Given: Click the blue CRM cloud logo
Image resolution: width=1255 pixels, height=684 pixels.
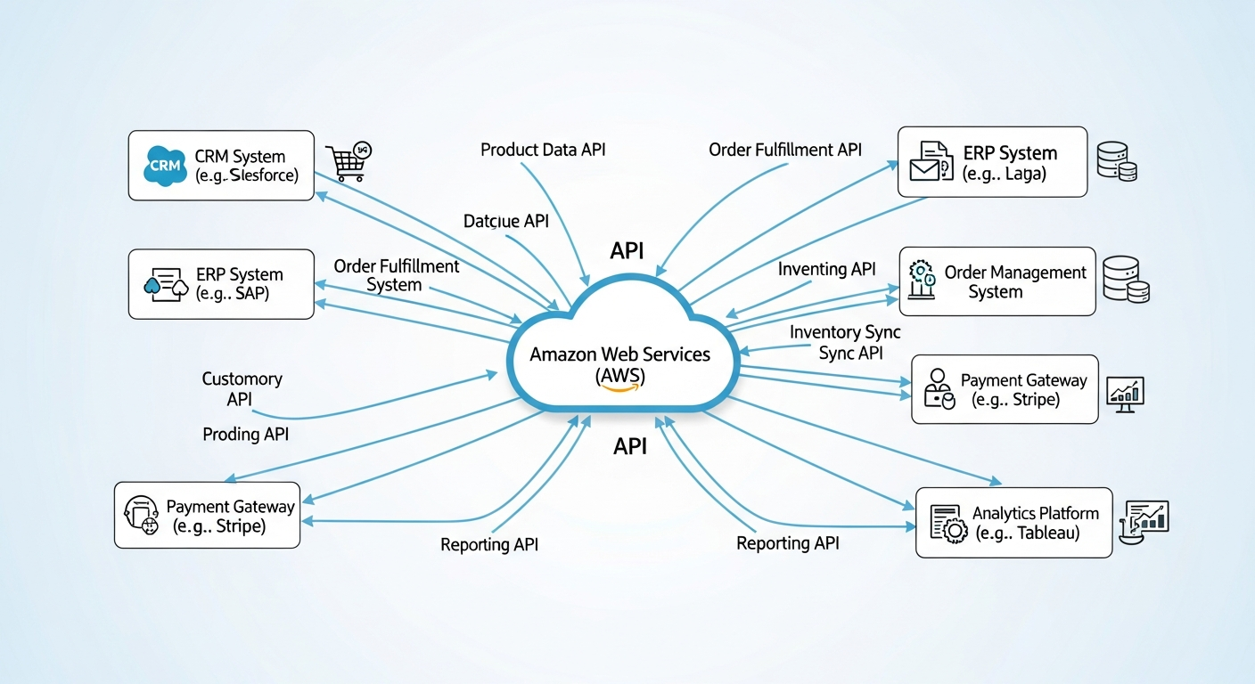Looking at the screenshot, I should pos(164,166).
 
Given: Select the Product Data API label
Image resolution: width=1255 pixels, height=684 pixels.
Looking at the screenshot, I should pos(543,150).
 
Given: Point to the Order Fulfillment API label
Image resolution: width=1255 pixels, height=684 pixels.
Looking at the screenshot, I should pos(785,150).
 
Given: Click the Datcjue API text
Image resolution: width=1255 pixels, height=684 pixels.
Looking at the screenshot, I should pos(505,221).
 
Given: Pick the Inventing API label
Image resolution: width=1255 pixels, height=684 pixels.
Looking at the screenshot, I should pos(826,268).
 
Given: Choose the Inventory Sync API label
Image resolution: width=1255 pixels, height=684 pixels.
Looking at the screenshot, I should pos(845,342).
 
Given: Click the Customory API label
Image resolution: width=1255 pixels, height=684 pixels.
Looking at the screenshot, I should pos(242,389).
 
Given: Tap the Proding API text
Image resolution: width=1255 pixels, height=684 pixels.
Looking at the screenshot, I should pos(245,435).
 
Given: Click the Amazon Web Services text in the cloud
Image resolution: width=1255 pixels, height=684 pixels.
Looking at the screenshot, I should pos(619,354).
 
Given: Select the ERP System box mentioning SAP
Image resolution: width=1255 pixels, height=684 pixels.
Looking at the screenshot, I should pos(221,284).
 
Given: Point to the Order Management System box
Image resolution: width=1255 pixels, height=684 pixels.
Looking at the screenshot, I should pos(997,281).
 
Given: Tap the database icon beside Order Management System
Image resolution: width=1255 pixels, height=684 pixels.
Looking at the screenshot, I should pos(1125,279).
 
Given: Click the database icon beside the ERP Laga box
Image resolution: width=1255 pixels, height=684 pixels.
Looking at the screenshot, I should pos(1117,160).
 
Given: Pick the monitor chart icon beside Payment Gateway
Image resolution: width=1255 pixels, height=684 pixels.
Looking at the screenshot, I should pos(1124,393).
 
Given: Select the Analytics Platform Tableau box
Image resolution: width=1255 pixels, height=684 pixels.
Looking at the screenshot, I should pos(1013,523).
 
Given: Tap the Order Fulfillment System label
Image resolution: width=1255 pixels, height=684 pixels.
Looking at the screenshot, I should pos(396,275).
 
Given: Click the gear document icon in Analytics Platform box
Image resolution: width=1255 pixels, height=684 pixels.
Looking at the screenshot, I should pos(948,524).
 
